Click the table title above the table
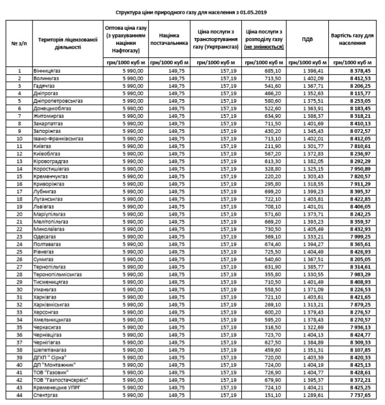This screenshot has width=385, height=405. [192, 11]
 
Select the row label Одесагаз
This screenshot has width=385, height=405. [48, 236]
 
